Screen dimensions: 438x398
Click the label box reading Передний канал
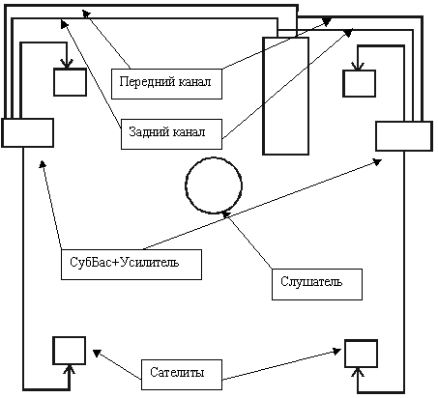pos(166,84)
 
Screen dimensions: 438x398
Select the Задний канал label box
pos(171,134)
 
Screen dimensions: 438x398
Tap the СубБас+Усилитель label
pos(131,265)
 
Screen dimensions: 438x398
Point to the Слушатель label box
pos(317,284)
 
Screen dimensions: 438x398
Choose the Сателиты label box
pos(182,375)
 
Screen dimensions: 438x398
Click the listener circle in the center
pos(186,185)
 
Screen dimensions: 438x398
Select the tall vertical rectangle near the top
pos(285,96)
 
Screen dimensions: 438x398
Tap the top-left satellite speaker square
pos(70,82)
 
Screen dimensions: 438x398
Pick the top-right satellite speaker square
pos(359,83)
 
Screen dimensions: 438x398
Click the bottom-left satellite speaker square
pos(70,351)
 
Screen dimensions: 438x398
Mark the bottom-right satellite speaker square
pos(361,354)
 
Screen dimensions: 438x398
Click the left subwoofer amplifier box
pos(27,132)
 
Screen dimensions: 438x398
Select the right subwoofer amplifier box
pos(404,136)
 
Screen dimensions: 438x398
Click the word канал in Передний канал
pos(194,82)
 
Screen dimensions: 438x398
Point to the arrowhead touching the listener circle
pos(226,214)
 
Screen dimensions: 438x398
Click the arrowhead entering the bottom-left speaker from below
pos(70,369)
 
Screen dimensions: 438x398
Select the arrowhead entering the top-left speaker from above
pos(67,64)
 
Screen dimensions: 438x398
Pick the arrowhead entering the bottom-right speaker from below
pos(358,372)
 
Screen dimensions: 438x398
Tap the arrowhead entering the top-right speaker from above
pos(358,66)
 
